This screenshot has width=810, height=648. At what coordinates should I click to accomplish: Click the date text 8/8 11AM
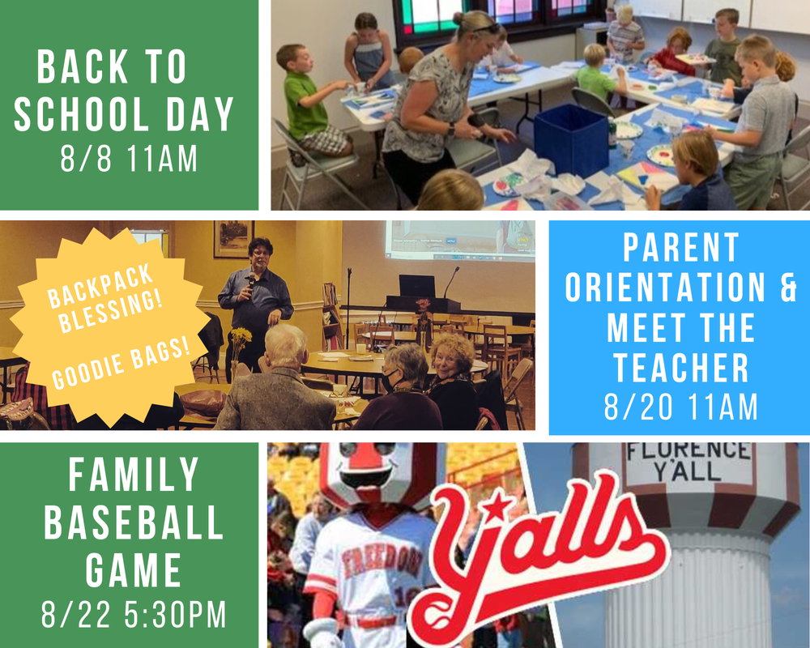pyautogui.click(x=129, y=159)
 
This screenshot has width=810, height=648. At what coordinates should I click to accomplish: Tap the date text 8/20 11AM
pyautogui.click(x=680, y=407)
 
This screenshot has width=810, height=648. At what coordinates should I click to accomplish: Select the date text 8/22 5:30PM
pyautogui.click(x=134, y=615)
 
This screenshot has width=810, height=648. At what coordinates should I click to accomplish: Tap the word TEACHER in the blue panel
pyautogui.click(x=680, y=367)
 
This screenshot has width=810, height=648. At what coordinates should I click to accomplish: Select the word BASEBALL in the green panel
pyautogui.click(x=134, y=524)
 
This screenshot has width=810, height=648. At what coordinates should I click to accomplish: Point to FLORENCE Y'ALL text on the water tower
pyautogui.click(x=687, y=460)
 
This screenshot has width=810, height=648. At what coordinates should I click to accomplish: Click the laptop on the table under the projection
pyautogui.click(x=416, y=286)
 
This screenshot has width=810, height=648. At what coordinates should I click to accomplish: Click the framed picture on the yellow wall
pyautogui.click(x=233, y=238)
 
